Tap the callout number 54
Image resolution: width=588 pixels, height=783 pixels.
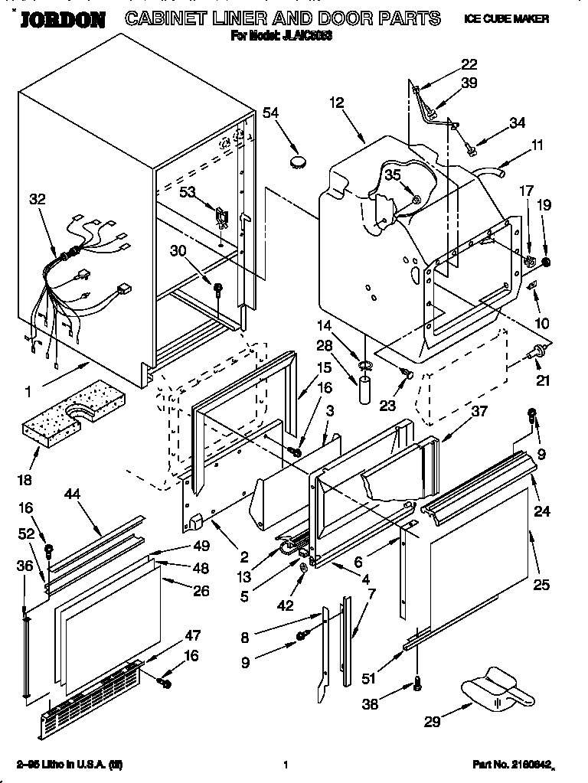[x=271, y=113]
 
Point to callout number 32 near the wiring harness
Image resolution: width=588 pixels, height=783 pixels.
[x=38, y=200]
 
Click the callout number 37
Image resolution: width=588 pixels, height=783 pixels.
[x=479, y=412]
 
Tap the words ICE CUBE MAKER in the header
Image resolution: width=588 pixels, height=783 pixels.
[x=506, y=18]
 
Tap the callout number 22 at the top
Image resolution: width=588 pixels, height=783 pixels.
[x=469, y=64]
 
